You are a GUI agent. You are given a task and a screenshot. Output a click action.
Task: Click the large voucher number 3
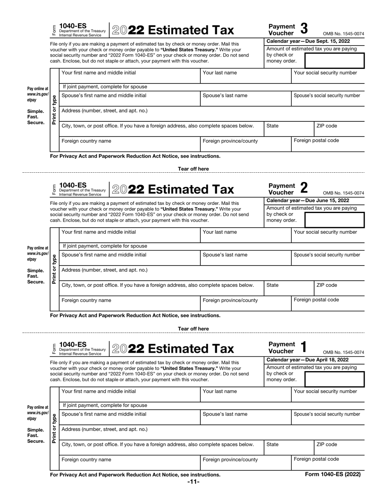pyautogui.click(x=304, y=29)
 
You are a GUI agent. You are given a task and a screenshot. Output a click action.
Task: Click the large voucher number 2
pyautogui.click(x=304, y=188)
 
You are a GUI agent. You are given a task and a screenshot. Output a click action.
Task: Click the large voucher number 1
pyautogui.click(x=303, y=347)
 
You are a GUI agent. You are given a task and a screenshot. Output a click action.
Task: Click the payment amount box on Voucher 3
pyautogui.click(x=334, y=60)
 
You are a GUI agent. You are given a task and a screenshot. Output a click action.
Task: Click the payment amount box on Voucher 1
pyautogui.click(x=334, y=378)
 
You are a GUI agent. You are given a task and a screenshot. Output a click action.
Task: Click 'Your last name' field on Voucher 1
pyautogui.click(x=232, y=395)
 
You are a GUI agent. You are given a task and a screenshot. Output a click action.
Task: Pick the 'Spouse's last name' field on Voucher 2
pyautogui.click(x=232, y=259)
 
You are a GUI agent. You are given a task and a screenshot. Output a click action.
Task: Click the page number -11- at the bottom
pyautogui.click(x=193, y=482)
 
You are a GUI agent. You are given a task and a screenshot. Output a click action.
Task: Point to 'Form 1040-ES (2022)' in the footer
pyautogui.click(x=333, y=474)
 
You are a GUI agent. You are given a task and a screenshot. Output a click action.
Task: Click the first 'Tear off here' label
pyautogui.click(x=193, y=169)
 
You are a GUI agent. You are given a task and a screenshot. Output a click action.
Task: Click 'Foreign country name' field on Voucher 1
pyautogui.click(x=130, y=462)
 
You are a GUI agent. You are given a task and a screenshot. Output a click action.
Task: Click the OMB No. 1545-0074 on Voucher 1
pyautogui.click(x=343, y=352)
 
